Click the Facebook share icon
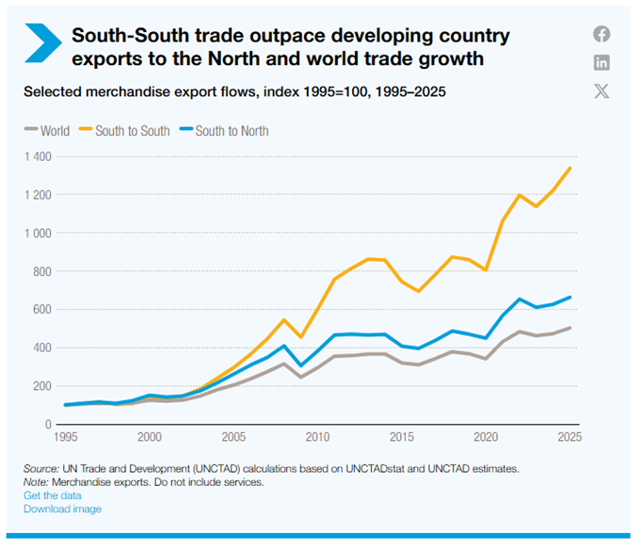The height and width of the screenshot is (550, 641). click(601, 35)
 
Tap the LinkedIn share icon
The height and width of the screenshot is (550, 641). click(601, 63)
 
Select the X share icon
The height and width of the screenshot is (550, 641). click(601, 91)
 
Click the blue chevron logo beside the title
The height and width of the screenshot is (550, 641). click(41, 44)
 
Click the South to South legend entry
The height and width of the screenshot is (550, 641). click(128, 131)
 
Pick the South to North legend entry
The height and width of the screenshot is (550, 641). click(223, 131)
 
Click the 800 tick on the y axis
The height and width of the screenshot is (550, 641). click(39, 271)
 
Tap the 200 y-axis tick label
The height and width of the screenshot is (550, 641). click(39, 386)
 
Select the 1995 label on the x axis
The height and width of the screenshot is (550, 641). click(65, 437)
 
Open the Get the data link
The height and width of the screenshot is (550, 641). click(53, 495)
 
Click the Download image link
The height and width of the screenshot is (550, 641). click(62, 510)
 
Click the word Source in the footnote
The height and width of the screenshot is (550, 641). click(41, 468)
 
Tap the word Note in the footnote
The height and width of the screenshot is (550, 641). click(37, 482)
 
